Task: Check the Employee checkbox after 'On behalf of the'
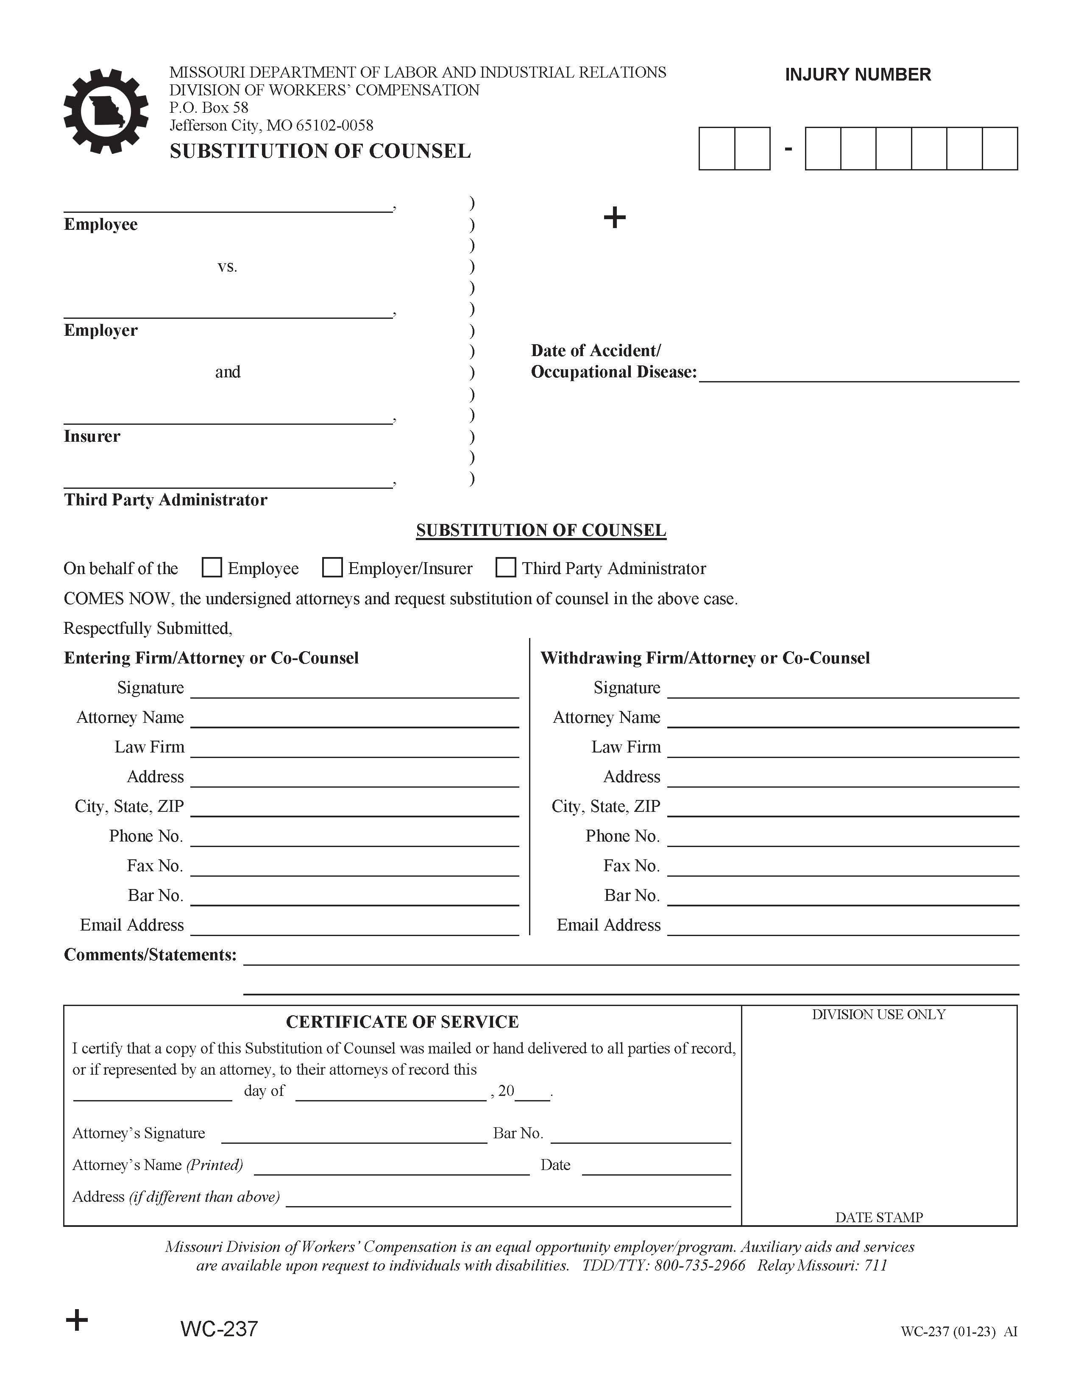(212, 568)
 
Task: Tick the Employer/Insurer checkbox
(332, 568)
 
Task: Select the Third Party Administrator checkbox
(506, 568)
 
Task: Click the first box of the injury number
(716, 149)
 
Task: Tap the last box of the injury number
(1000, 149)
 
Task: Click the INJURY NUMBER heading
(858, 75)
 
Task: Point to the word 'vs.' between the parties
(227, 267)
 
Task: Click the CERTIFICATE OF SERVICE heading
(402, 1022)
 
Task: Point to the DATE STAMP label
(879, 1217)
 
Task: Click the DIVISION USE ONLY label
(879, 1014)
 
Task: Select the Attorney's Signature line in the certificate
(354, 1134)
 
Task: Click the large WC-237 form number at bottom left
(219, 1329)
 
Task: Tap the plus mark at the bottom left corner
(77, 1320)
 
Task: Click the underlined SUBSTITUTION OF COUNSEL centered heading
(541, 530)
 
